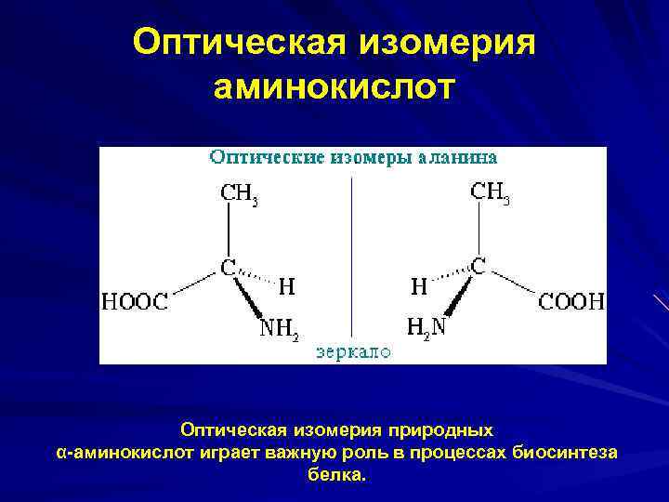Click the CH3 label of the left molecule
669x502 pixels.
[x=239, y=194]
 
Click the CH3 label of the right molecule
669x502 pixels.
[x=491, y=193]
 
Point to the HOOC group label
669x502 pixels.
[x=135, y=301]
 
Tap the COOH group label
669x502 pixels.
[x=571, y=301]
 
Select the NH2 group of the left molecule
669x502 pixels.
[x=278, y=327]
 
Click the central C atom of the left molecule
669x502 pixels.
[x=228, y=268]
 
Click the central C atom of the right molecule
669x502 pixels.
[x=478, y=267]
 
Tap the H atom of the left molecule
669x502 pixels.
[x=287, y=288]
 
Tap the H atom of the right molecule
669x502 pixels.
[x=419, y=287]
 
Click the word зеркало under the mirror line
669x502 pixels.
[x=353, y=351]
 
